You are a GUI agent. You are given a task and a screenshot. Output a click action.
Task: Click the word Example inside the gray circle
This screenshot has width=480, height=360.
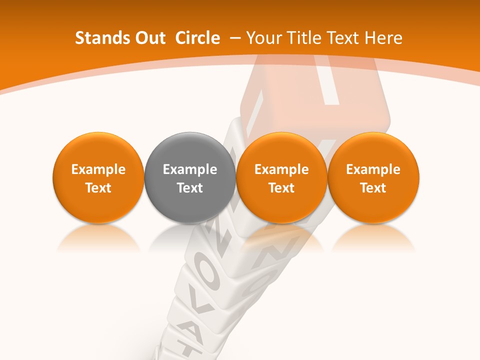pos(190,169)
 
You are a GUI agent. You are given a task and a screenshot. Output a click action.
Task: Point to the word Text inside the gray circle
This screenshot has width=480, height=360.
pos(190,188)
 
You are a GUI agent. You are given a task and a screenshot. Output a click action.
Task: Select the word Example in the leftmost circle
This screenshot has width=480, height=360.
pos(98,169)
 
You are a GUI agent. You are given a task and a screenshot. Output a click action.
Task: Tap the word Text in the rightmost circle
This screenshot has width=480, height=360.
pos(373,188)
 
